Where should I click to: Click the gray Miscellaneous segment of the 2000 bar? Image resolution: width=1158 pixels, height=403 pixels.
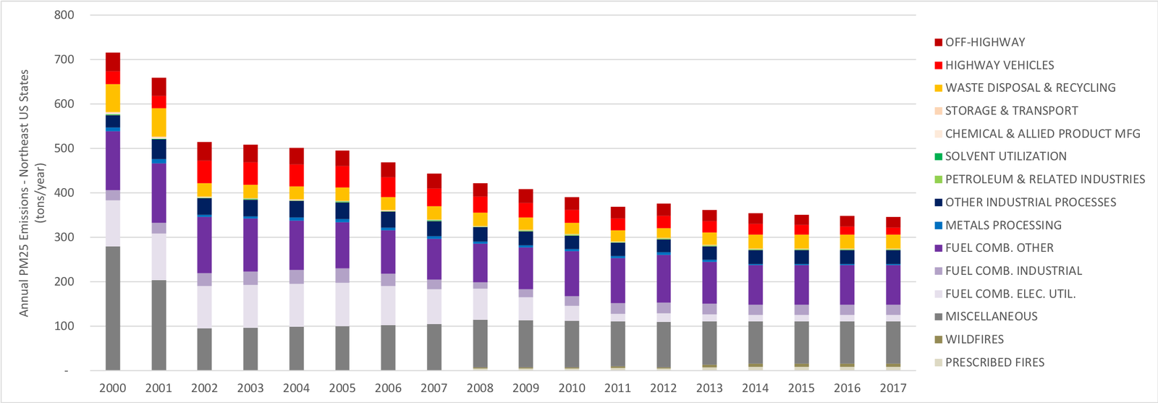point(113,308)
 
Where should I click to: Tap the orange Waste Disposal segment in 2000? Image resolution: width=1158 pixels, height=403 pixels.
point(113,98)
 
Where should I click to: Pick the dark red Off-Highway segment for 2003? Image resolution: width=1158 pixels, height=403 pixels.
point(250,153)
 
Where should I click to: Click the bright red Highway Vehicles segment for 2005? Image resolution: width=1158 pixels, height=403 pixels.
point(342,177)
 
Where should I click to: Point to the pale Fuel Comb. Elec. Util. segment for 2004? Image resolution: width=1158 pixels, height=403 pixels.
point(297,305)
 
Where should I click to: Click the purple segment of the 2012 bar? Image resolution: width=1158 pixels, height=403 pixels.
point(664,279)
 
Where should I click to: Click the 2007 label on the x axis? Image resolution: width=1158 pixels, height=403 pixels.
point(434,388)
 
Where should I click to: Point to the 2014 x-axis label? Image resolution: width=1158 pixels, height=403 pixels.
point(756,388)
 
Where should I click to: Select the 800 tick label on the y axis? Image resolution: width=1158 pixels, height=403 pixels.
point(64,15)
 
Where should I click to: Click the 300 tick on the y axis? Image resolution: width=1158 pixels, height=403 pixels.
point(64,237)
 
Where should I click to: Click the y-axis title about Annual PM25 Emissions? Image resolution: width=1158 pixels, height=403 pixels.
point(32,193)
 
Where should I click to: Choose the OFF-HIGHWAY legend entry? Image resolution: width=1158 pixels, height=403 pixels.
point(984,42)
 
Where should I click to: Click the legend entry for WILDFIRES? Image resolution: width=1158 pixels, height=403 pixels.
point(974,339)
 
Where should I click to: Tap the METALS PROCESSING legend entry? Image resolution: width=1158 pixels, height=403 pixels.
point(1003,225)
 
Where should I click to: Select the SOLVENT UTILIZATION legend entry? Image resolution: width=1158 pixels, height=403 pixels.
point(1005,156)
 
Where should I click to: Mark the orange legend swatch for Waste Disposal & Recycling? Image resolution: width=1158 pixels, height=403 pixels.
point(939,88)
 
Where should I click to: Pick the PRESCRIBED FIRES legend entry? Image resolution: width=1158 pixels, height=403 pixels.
point(994,362)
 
